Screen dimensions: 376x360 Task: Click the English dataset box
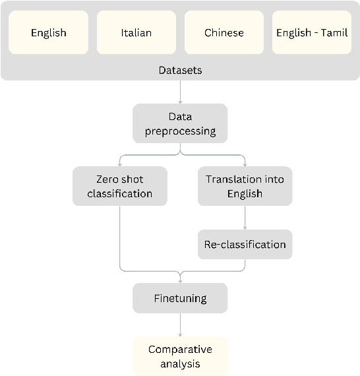click(x=49, y=32)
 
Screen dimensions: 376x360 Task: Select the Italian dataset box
click(x=136, y=32)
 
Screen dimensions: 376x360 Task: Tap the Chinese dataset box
click(x=224, y=32)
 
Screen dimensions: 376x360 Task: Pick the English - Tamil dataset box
click(x=312, y=32)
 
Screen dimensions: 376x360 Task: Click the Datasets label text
click(x=180, y=69)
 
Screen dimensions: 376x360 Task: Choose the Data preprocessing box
click(x=180, y=123)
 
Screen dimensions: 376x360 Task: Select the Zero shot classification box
click(x=119, y=186)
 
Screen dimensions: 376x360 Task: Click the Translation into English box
click(x=245, y=186)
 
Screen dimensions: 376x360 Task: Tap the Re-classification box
click(x=245, y=244)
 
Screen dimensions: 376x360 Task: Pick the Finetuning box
click(x=180, y=298)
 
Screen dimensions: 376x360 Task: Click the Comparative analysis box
click(x=180, y=356)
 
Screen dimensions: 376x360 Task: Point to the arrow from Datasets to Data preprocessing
click(x=180, y=92)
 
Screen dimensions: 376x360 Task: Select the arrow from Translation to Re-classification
click(x=245, y=217)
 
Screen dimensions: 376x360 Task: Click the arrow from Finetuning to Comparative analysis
click(x=180, y=325)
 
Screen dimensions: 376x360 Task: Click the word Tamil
click(x=334, y=32)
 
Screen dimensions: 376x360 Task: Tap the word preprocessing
click(x=180, y=131)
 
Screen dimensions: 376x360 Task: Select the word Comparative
click(x=180, y=349)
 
